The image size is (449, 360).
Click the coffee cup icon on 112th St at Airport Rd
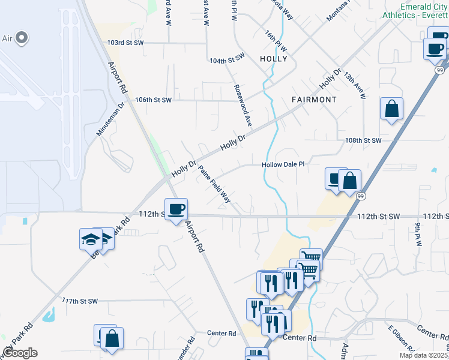176,209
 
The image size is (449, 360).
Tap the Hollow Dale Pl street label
283,164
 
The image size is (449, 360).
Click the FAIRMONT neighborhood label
314,99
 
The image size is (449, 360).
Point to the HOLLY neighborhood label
274,59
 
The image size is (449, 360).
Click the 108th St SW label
363,140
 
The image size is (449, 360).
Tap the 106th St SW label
154,100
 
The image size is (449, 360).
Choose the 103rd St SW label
125,43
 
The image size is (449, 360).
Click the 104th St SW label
227,59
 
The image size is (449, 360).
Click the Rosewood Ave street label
242,104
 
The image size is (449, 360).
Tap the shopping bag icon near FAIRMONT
391,109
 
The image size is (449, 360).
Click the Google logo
20,353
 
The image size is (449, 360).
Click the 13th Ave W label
355,86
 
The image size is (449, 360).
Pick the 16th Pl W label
276,41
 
